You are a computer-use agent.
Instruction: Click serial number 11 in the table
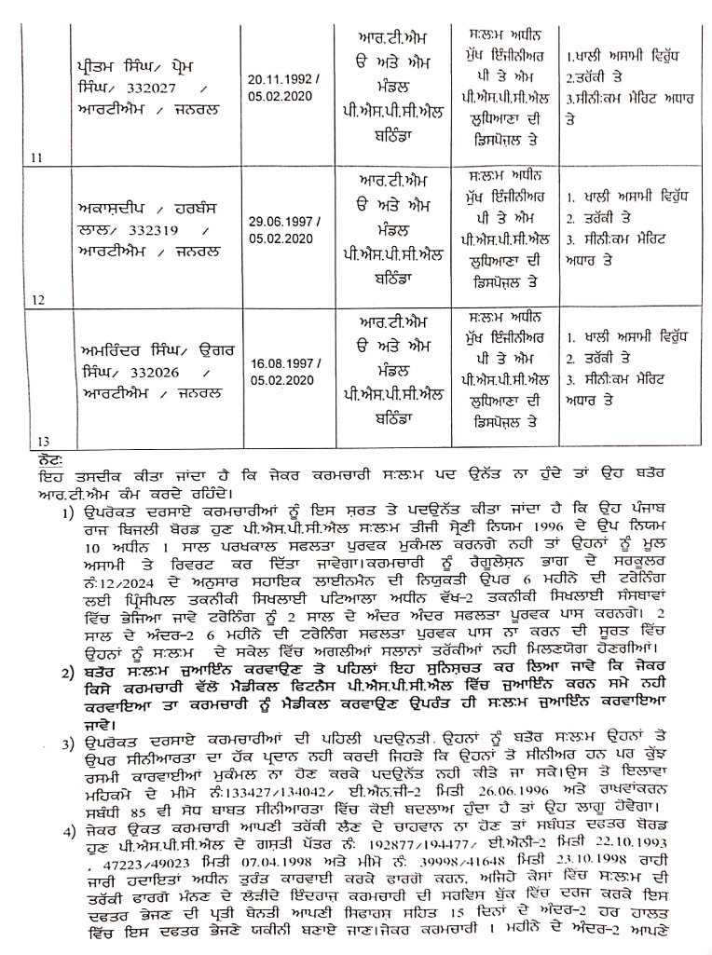(38, 157)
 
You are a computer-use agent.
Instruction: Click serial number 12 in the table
(38, 301)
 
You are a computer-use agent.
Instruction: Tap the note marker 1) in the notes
(68, 512)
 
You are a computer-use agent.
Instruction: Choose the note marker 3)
(68, 743)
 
